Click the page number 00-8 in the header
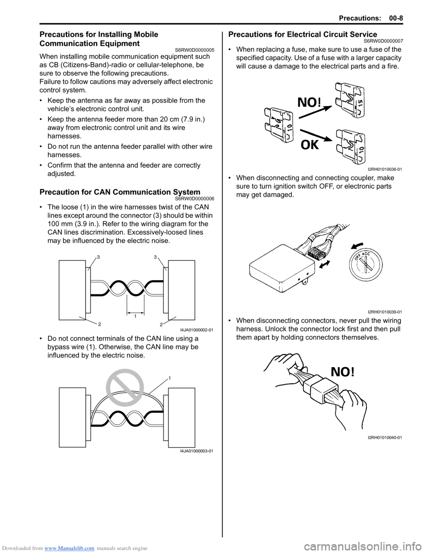pos(395,18)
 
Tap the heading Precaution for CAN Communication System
pos(120,192)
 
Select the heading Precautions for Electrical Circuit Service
pos(303,34)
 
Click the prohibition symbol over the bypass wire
pos(125,388)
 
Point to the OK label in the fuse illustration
pos(310,145)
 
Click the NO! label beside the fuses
pos(309,103)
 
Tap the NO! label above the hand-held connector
pos(342,372)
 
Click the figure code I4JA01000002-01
pos(197,330)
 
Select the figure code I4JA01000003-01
pos(197,451)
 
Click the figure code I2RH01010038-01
pos(385,169)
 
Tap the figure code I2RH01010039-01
pos(385,312)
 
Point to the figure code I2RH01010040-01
pos(385,438)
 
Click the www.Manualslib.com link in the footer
pos(69,548)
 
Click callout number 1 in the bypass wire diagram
pos(170,378)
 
